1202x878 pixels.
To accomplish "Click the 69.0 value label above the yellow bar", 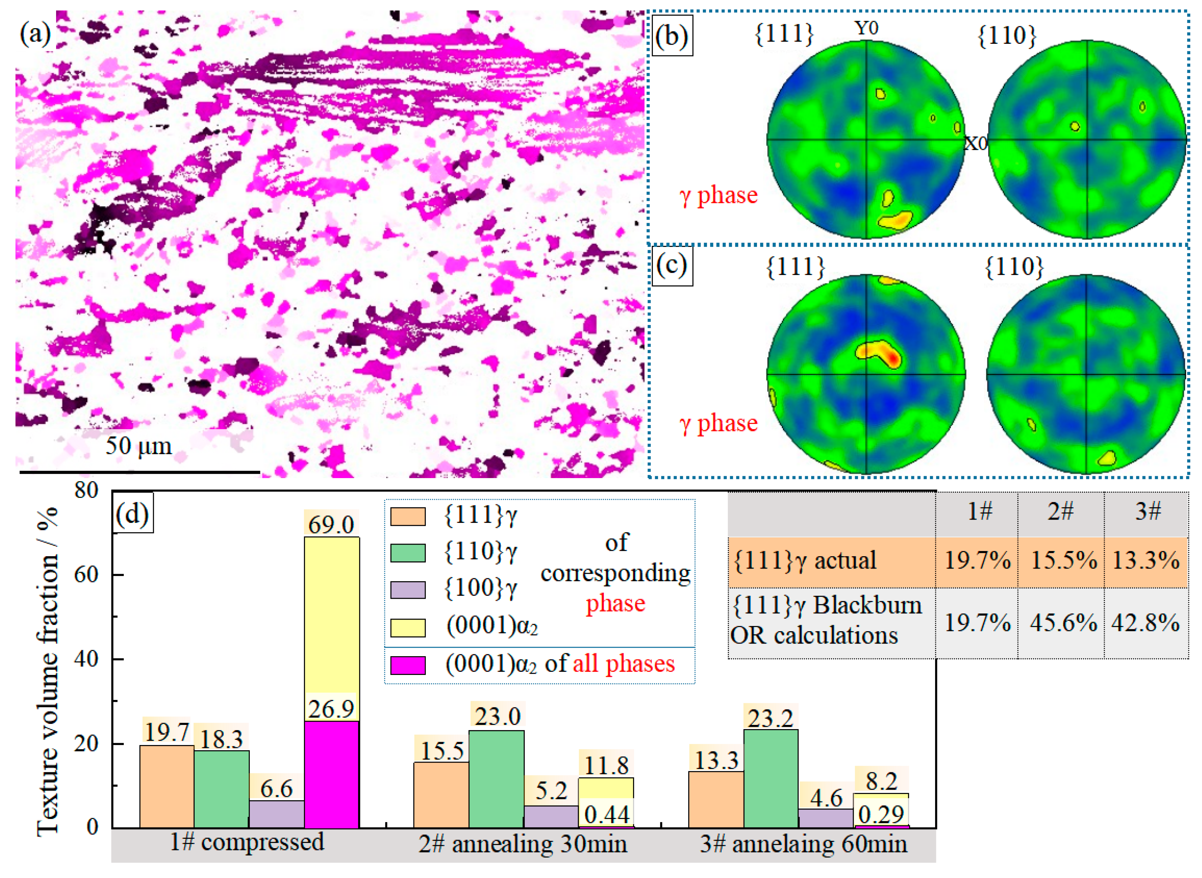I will click(x=331, y=524).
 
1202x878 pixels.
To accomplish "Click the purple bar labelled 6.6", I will click(x=276, y=814).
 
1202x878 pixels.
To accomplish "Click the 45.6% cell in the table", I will click(x=1063, y=622).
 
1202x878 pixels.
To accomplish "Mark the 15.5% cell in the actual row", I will click(x=1063, y=561).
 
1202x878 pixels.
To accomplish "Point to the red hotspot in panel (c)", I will click(x=894, y=359).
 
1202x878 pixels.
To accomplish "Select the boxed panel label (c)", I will click(x=672, y=266).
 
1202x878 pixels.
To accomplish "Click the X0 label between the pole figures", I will click(x=976, y=143).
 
